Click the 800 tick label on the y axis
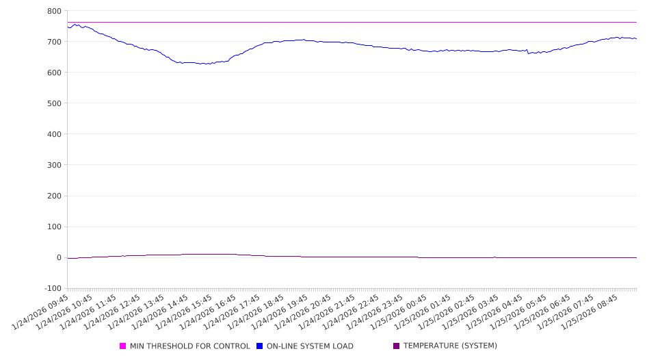point(54,11)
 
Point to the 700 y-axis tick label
point(54,42)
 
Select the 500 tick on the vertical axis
point(54,103)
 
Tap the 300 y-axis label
point(54,165)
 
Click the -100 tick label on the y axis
point(52,288)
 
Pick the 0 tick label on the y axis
point(59,257)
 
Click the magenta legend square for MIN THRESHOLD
point(123,346)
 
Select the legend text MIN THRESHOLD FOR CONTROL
point(189,346)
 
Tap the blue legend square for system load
point(260,346)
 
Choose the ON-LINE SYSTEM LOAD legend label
point(310,346)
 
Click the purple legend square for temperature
point(397,346)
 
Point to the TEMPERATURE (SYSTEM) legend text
point(450,346)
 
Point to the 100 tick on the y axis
point(54,227)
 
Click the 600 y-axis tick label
point(54,73)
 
